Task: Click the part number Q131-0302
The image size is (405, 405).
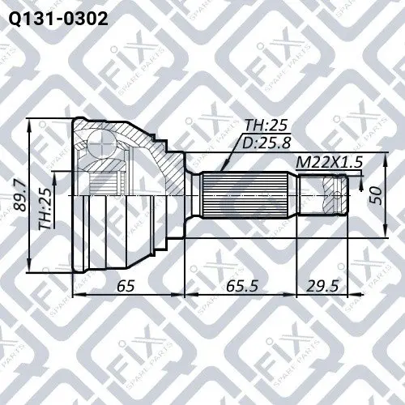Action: click(58, 19)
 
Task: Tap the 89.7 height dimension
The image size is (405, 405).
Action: click(20, 196)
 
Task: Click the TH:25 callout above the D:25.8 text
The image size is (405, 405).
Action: click(266, 126)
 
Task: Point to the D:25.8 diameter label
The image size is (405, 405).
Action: click(266, 143)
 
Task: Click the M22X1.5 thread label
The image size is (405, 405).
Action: click(329, 163)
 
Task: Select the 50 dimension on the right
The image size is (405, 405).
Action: click(377, 195)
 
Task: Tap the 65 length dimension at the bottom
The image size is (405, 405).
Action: click(126, 286)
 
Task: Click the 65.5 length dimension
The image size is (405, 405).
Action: click(242, 286)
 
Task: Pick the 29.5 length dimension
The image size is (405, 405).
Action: click(322, 286)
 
